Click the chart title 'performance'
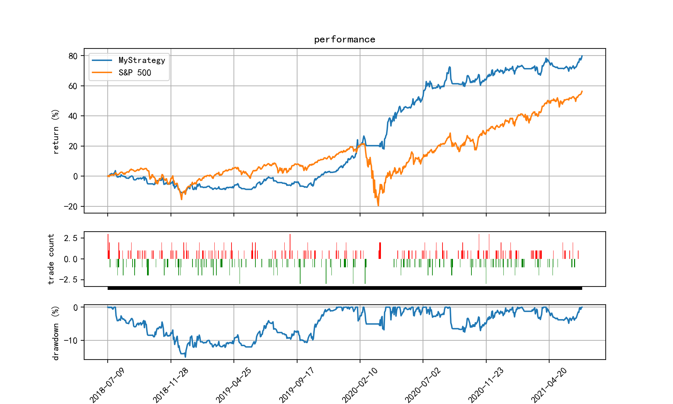tap(345, 40)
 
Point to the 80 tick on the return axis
tap(73, 56)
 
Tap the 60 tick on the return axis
tap(73, 86)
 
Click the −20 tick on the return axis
tap(71, 206)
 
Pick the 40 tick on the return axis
tap(73, 116)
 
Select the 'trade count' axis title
tap(51, 259)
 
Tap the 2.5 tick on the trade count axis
tap(71, 238)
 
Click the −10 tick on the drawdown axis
tap(71, 340)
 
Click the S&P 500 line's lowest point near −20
tap(378, 206)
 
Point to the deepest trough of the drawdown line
tap(185, 357)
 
